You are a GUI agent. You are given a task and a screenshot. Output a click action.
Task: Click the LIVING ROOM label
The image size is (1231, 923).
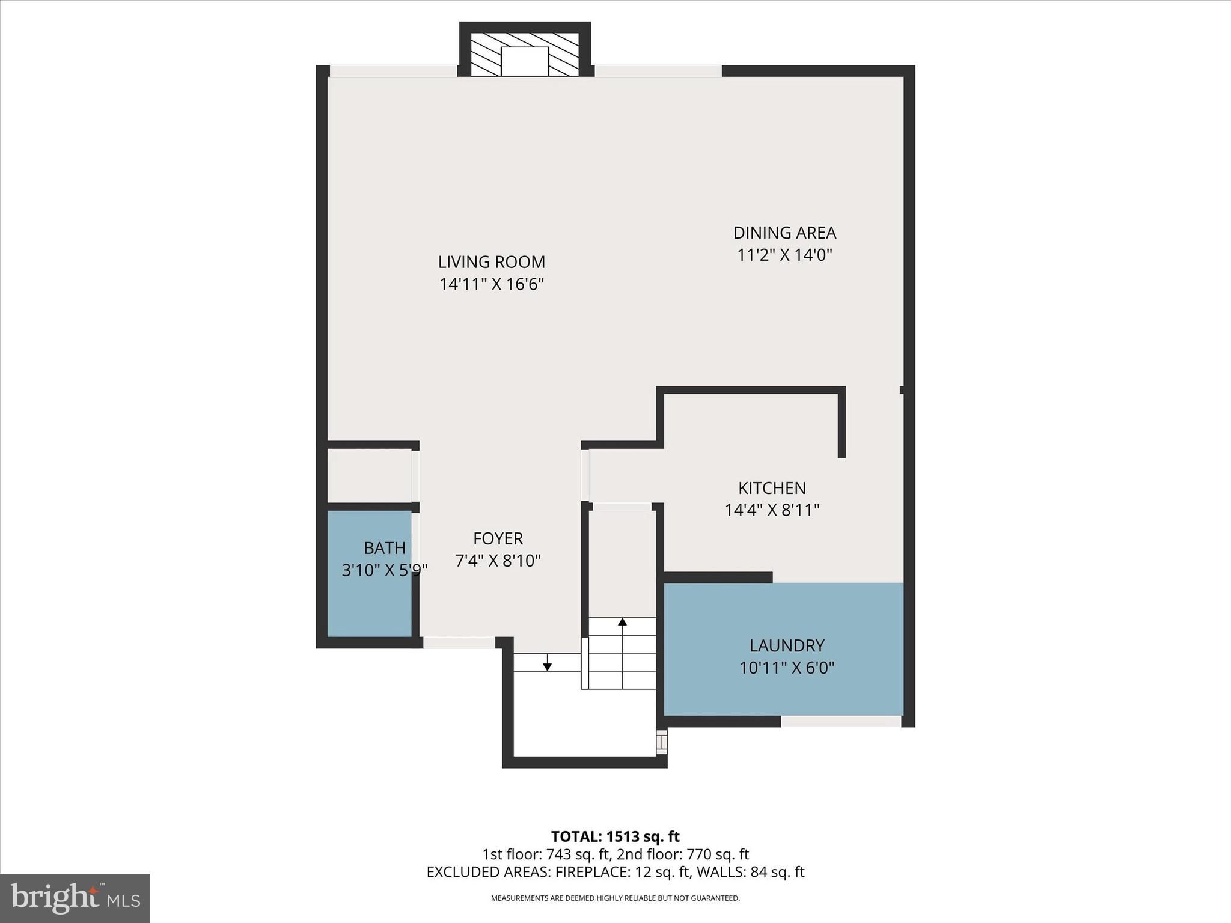click(491, 262)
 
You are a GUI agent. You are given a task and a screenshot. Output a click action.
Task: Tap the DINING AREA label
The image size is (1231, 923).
click(784, 233)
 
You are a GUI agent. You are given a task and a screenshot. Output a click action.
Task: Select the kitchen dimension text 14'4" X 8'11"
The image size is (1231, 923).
click(772, 510)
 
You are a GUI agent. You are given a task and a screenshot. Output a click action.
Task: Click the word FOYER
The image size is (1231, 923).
click(498, 538)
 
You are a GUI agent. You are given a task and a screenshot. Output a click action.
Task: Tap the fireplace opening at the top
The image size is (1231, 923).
click(525, 61)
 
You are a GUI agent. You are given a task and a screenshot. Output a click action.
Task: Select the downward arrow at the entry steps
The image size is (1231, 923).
click(547, 665)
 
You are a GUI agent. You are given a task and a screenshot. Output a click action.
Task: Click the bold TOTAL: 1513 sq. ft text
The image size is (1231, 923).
click(615, 836)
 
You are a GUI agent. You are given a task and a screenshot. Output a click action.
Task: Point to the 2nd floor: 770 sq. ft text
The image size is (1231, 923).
click(683, 854)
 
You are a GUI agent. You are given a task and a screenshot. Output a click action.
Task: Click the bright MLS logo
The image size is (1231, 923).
click(75, 898)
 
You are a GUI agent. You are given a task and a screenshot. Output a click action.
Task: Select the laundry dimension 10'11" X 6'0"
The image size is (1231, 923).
click(787, 668)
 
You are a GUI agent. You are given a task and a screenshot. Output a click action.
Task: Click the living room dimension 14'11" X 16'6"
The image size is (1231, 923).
click(491, 284)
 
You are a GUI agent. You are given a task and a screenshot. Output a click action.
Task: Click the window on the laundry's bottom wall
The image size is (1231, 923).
click(840, 721)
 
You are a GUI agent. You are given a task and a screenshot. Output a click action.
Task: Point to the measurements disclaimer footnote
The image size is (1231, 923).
click(615, 898)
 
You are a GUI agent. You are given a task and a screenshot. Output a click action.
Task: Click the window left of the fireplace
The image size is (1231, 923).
click(394, 71)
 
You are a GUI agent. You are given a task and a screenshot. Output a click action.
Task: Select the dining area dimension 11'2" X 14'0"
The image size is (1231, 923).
click(784, 255)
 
